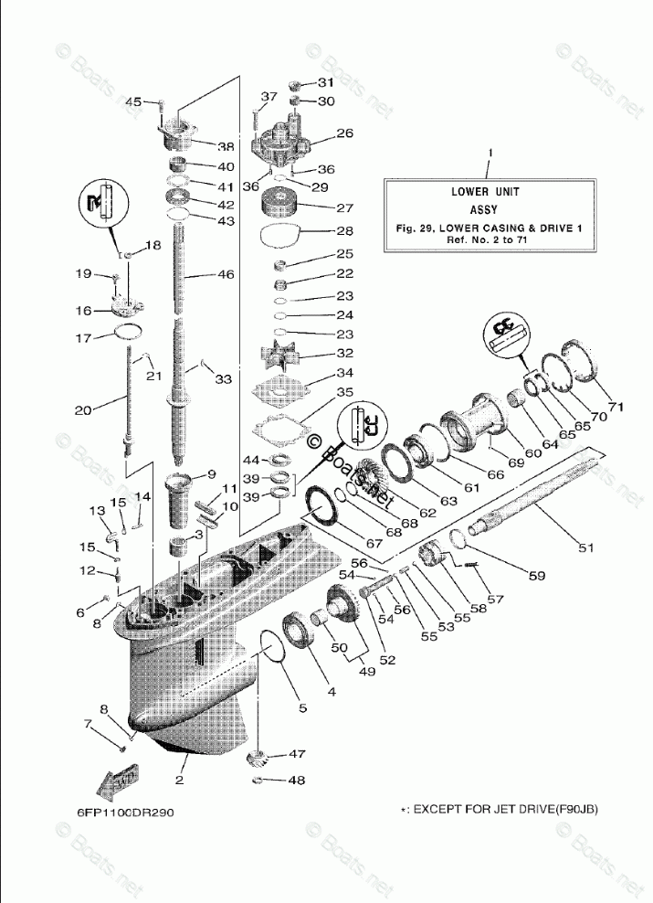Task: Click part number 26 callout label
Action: [319, 133]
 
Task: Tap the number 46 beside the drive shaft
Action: [225, 274]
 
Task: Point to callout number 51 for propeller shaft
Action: [585, 548]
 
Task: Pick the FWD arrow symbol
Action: [115, 780]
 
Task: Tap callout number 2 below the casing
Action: [180, 780]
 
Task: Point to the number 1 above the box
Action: [490, 151]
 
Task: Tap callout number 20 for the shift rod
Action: [84, 411]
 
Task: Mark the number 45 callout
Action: [133, 101]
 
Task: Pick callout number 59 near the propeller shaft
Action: [536, 576]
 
